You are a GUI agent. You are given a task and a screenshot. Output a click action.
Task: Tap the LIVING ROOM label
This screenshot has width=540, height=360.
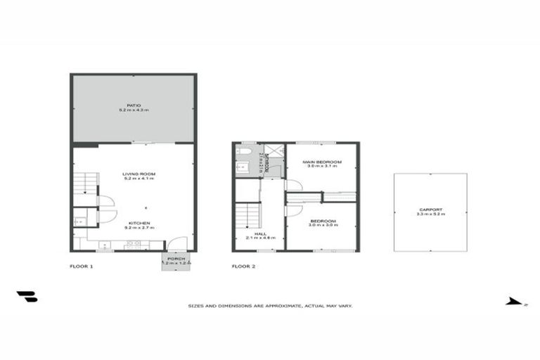(x=139, y=174)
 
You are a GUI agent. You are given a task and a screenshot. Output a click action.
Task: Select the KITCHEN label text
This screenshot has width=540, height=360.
(x=139, y=224)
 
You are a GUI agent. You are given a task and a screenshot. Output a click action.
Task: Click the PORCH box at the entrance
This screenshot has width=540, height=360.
(x=176, y=261)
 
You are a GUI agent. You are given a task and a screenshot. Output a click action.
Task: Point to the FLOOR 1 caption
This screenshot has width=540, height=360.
(x=81, y=266)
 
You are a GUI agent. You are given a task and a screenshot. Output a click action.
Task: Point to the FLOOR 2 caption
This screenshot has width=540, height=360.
(x=243, y=266)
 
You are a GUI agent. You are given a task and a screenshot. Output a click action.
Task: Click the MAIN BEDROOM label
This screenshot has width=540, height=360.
(x=322, y=162)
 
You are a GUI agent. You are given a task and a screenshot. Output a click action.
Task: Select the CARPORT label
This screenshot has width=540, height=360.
(x=430, y=210)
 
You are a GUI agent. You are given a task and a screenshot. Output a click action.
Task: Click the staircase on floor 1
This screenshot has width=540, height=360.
(x=84, y=184)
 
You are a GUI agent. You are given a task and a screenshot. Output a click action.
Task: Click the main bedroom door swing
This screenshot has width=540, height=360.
(x=294, y=185)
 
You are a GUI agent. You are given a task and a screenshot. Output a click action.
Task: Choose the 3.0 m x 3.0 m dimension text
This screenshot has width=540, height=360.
(x=322, y=226)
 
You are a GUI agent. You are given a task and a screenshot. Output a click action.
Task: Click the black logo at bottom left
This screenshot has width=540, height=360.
(x=27, y=297)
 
